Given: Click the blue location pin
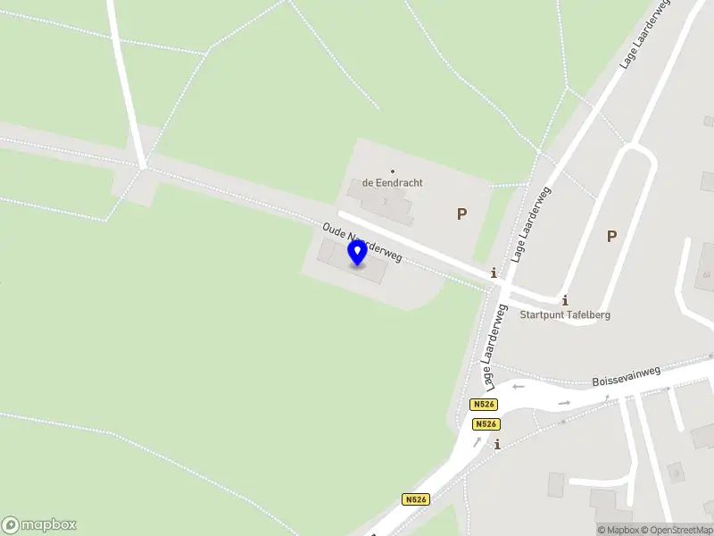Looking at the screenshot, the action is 358,253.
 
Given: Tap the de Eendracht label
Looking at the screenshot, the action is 393,183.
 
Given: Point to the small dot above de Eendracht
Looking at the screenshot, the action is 393,171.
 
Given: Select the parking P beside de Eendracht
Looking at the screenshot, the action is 461,214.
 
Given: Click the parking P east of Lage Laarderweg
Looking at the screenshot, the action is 611,236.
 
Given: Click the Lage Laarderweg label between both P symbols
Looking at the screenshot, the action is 530,225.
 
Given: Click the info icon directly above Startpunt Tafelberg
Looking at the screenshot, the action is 565,300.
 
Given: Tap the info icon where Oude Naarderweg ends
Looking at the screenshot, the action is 493,272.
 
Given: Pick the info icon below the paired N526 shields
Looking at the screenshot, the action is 497,444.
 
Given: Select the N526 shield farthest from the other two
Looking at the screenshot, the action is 415,499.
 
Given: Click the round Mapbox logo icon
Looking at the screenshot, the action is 11,525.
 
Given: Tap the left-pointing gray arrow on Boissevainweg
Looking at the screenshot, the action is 519,387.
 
